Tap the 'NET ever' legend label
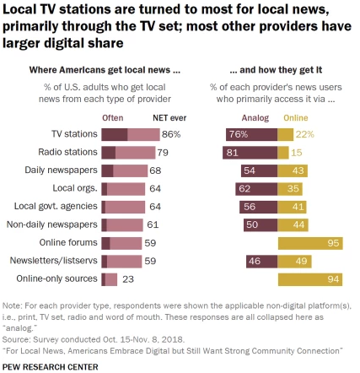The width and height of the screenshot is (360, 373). (x=165, y=117)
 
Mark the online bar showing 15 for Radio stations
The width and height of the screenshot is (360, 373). (x=282, y=152)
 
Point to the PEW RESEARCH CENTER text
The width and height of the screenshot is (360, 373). (x=51, y=365)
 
